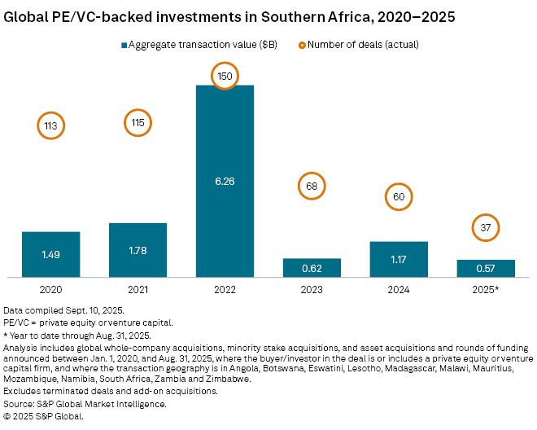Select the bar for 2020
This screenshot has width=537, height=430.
[x=50, y=254]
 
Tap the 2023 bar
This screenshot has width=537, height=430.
[x=312, y=267]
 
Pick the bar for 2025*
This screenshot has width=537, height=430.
[x=486, y=268]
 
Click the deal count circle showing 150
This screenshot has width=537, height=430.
[x=225, y=76]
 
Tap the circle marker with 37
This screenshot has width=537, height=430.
[x=486, y=227]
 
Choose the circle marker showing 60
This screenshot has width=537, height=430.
[x=399, y=196]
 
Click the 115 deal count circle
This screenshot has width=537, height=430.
[x=138, y=123]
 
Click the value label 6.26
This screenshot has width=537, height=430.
[x=225, y=181]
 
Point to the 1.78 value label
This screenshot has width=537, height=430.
[x=138, y=249]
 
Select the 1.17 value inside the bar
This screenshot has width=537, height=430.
[x=399, y=259]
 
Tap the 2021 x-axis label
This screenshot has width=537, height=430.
[x=138, y=289]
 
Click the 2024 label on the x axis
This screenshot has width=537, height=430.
[x=399, y=289]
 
